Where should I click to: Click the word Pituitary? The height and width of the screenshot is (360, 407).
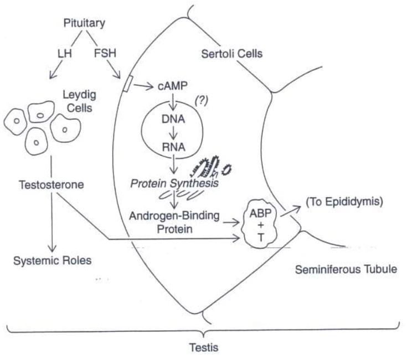coord(84,23)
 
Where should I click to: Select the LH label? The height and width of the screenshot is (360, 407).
coord(65,53)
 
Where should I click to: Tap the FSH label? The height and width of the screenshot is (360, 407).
coord(105,53)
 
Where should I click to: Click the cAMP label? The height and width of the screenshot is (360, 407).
coord(173,86)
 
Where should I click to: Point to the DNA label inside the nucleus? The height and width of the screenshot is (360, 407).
coord(173,119)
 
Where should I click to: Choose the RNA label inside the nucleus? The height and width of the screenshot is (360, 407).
coord(174,147)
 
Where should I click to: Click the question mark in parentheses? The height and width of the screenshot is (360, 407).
coord(202,101)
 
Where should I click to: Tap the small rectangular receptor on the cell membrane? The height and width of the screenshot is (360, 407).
coord(128,84)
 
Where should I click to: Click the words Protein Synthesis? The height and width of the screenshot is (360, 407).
coord(174,183)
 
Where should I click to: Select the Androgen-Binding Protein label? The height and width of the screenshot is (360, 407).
coord(174,223)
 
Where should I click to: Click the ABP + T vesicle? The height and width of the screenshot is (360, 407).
coord(260,224)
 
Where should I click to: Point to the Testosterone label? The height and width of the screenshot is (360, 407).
coord(51,185)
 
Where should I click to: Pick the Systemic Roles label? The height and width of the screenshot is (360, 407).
coord(53,261)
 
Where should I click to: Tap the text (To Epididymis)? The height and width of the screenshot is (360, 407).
coord(344,202)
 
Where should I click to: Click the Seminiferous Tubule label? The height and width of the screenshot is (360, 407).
coord(346,269)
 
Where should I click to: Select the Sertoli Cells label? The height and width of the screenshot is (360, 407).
coord(232,54)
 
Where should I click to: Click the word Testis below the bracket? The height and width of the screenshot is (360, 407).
coord(204,347)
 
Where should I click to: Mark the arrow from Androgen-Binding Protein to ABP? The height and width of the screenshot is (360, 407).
coord(231,222)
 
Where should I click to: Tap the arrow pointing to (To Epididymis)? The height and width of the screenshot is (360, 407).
coord(291,211)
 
